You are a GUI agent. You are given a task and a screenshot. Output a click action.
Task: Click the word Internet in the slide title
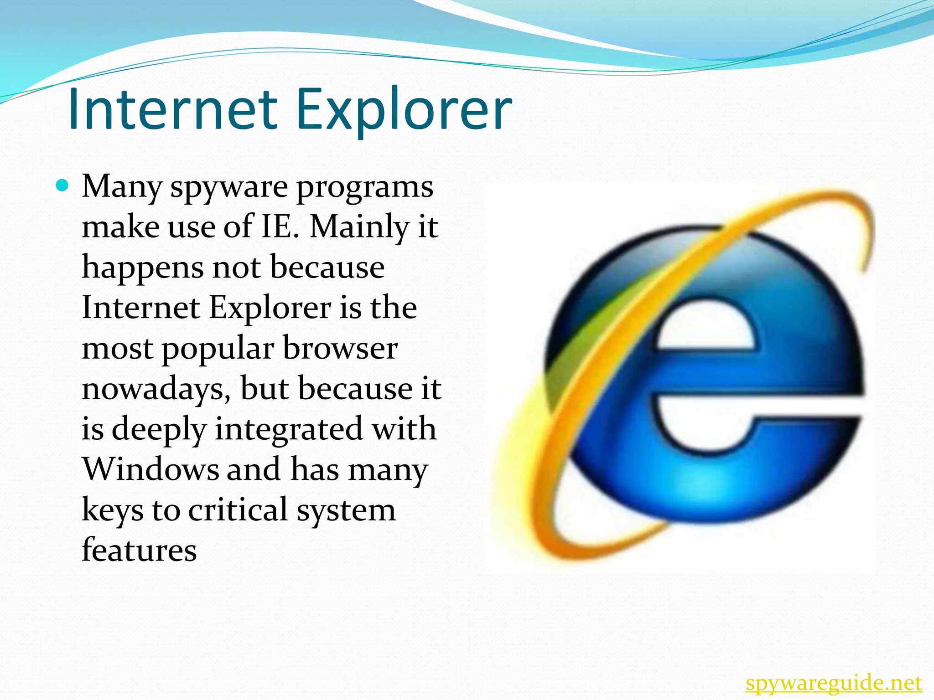pyautogui.click(x=172, y=109)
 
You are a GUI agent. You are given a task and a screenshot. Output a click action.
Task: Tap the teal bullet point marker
pyautogui.click(x=62, y=186)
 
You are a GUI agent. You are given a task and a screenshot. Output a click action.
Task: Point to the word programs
pyautogui.click(x=365, y=188)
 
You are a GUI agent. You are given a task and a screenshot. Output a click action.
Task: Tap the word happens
pyautogui.click(x=143, y=268)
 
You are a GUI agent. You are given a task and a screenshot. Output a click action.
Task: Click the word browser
pyautogui.click(x=340, y=349)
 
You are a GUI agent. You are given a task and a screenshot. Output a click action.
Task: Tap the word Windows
pyautogui.click(x=150, y=469)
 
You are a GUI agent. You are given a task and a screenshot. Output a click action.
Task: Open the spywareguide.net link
pyautogui.click(x=834, y=684)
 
